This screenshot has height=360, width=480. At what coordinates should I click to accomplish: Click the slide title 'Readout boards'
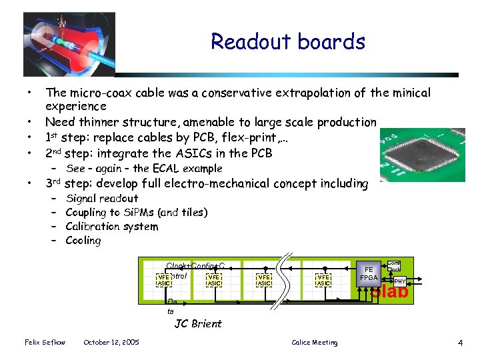(288, 42)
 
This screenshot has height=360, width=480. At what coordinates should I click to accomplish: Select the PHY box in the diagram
(400, 281)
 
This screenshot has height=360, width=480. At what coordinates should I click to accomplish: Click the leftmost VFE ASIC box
(163, 280)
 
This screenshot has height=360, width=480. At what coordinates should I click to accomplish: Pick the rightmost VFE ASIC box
(323, 280)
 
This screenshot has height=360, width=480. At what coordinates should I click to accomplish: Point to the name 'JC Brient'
(198, 324)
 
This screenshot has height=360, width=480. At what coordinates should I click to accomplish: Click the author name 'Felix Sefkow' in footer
(44, 343)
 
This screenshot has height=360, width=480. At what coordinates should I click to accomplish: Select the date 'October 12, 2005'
(111, 343)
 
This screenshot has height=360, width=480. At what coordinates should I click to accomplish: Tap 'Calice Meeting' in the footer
(315, 343)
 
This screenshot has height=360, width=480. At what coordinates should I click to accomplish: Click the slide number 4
(460, 343)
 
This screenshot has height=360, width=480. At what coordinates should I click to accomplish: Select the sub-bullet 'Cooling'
(83, 241)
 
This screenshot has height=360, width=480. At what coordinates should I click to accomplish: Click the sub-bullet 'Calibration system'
(112, 227)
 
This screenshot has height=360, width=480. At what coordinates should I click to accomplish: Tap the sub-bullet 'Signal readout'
(102, 199)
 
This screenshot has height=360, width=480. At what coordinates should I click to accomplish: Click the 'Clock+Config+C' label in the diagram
(195, 265)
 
